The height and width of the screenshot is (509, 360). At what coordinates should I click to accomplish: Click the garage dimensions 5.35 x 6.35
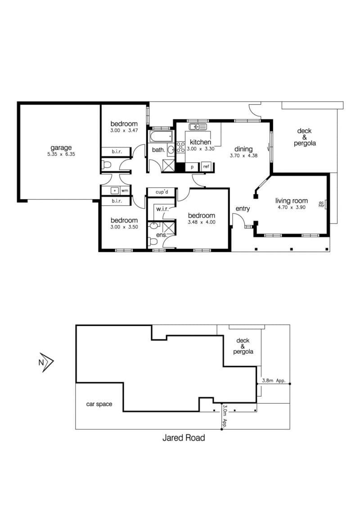point(61,154)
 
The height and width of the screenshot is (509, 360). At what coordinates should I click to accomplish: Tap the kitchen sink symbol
point(198,127)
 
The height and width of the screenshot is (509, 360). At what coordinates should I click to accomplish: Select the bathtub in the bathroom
point(161,137)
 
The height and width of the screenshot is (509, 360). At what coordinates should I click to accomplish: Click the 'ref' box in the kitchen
point(206,166)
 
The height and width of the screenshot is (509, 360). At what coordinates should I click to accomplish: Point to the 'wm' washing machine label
point(125,191)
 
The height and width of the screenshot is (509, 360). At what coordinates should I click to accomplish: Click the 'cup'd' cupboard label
point(162,192)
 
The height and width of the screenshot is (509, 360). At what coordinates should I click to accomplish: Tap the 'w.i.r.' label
point(162,209)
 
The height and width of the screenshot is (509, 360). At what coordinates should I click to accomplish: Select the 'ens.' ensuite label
point(162,235)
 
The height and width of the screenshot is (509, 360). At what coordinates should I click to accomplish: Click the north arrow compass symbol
point(46,362)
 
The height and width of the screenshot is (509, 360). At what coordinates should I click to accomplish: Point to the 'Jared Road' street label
point(184,438)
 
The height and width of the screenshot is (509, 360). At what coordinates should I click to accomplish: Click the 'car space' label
point(99,404)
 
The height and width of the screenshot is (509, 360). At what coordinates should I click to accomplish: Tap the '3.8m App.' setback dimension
point(274,380)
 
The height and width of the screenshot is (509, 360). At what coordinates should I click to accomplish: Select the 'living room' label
point(292,201)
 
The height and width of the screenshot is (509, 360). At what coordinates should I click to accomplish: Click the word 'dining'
point(243,149)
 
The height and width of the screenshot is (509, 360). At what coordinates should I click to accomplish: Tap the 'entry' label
point(243,209)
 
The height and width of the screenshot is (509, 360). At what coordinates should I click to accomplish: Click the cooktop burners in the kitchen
point(180,147)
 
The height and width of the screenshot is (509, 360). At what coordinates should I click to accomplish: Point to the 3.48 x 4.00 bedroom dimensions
point(202,223)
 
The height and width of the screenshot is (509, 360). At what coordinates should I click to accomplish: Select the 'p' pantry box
point(192,167)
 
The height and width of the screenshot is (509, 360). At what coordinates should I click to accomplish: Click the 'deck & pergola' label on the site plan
point(243,346)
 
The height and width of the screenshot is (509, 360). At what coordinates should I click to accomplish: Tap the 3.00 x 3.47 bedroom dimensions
point(124,130)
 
